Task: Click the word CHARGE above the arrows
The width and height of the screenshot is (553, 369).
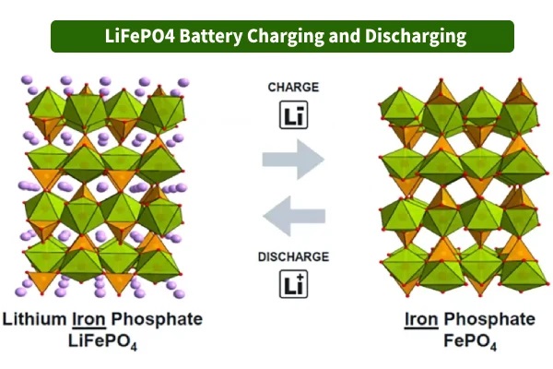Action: click(293, 88)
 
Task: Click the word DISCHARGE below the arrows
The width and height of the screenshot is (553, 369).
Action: click(293, 256)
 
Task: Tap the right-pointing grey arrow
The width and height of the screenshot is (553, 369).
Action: click(293, 160)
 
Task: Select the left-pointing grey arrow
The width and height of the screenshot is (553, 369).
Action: click(293, 217)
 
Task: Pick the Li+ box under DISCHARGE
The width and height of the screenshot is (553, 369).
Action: click(293, 283)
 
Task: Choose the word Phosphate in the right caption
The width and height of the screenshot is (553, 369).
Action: click(490, 320)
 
